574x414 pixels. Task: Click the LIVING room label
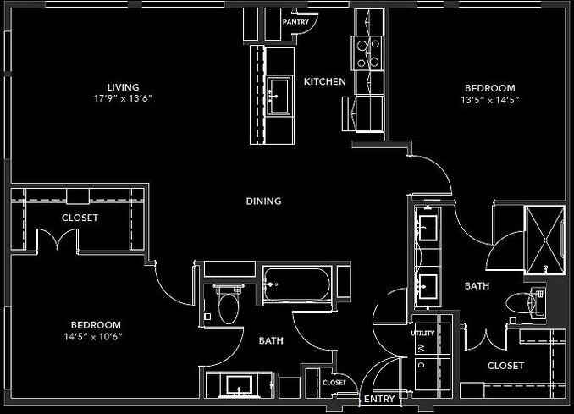pyautogui.click(x=123, y=87)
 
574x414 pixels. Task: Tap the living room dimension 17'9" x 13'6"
pyautogui.click(x=123, y=98)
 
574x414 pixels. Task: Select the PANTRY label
pyautogui.click(x=295, y=21)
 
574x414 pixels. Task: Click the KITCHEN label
pyautogui.click(x=325, y=81)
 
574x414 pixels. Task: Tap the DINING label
pyautogui.click(x=263, y=201)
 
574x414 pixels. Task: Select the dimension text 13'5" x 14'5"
pyautogui.click(x=489, y=99)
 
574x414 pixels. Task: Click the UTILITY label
pyautogui.click(x=422, y=333)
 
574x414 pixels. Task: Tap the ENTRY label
pyautogui.click(x=379, y=398)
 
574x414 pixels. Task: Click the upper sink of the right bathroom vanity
pyautogui.click(x=427, y=227)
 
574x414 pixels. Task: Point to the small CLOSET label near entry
pyautogui.click(x=334, y=382)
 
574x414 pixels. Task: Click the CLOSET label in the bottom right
pyautogui.click(x=505, y=366)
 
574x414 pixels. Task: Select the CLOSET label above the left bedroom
pyautogui.click(x=80, y=218)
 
